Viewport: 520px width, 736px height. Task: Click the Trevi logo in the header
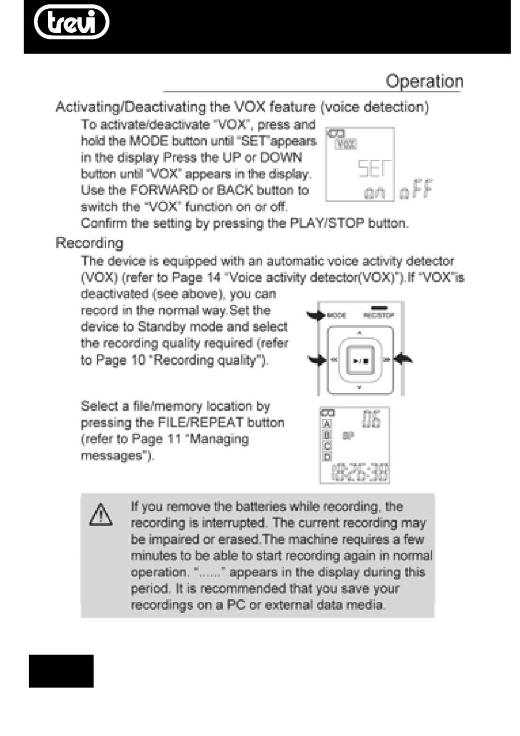click(71, 22)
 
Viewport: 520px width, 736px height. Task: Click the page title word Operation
click(424, 82)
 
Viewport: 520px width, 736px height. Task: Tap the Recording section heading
click(89, 243)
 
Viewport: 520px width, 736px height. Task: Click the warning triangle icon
click(101, 515)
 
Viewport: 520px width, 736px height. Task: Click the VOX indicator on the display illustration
click(345, 145)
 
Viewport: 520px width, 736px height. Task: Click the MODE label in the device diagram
click(337, 315)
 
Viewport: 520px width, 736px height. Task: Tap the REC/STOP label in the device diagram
click(378, 315)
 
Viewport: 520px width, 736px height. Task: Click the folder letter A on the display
click(327, 424)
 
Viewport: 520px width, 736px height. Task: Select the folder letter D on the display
click(327, 457)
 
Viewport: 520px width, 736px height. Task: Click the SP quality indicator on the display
click(348, 436)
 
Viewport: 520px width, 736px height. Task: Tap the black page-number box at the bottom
click(61, 671)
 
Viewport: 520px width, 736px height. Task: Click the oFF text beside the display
click(417, 190)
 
